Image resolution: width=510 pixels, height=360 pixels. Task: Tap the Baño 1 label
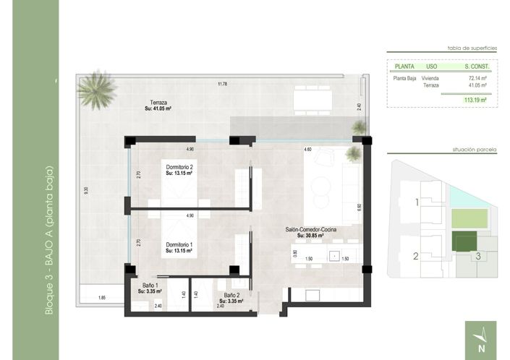pos(149,287)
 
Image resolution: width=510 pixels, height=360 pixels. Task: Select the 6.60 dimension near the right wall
pos(358,206)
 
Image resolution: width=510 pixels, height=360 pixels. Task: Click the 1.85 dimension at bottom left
pos(102,298)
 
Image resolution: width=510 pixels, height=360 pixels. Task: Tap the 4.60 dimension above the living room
pos(307,149)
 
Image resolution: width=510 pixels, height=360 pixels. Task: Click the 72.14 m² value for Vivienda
pos(477,77)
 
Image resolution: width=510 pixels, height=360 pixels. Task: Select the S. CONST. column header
pos(477,67)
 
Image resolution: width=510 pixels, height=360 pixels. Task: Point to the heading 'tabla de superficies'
pos(472,47)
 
